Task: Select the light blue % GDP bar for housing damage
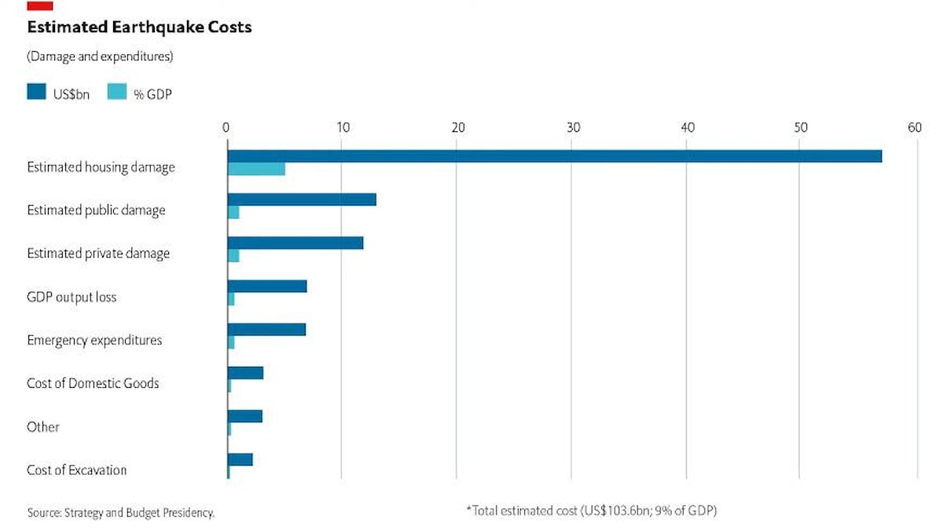tap(256, 169)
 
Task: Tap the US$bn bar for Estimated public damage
tap(302, 199)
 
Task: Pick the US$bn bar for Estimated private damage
tap(295, 243)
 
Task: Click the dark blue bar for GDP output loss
tap(267, 286)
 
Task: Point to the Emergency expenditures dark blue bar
tap(266, 329)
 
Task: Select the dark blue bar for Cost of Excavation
tap(240, 459)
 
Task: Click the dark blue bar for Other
tap(245, 416)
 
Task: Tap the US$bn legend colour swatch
tap(37, 93)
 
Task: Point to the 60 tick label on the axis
tap(914, 127)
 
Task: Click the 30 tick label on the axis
tap(574, 127)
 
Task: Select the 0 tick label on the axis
tap(226, 127)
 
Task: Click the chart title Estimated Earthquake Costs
tap(139, 27)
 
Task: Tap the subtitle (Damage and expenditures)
tap(100, 57)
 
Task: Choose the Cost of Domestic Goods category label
tap(93, 383)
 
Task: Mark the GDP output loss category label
tap(72, 297)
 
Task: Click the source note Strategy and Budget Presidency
tap(120, 513)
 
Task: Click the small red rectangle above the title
tap(40, 5)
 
